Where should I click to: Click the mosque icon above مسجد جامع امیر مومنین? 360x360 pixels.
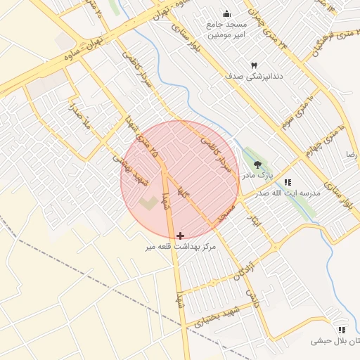[226, 13]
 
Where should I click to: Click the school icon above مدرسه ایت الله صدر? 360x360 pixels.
[288, 182]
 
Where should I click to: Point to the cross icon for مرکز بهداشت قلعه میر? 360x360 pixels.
[181, 236]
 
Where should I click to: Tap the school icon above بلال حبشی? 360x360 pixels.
[342, 329]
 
